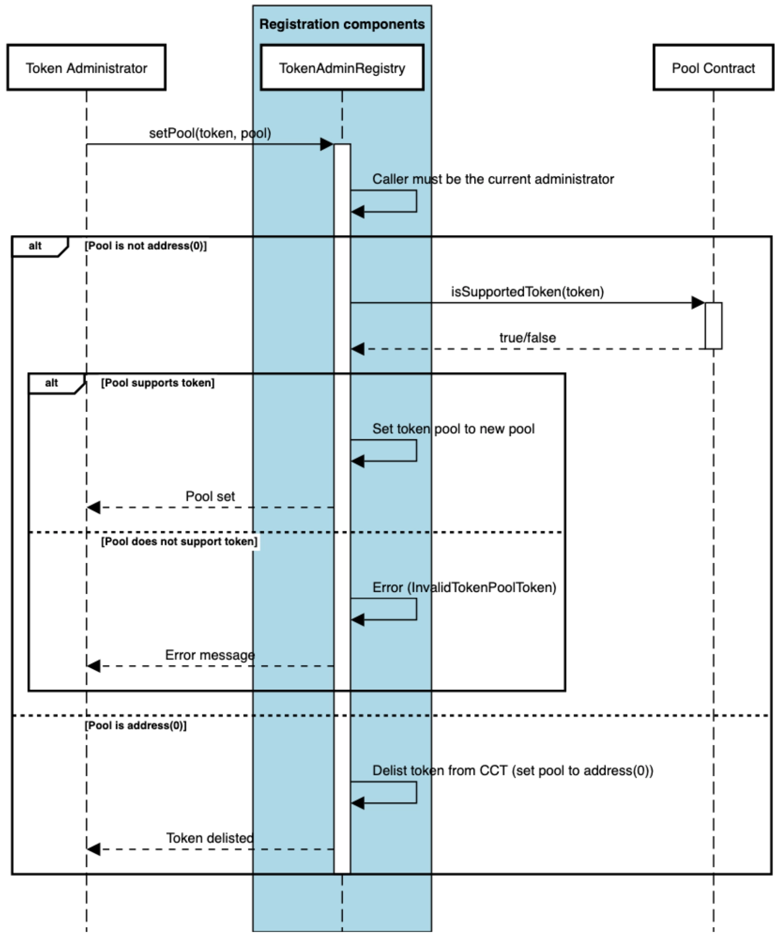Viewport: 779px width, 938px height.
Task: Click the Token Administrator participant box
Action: coord(87,68)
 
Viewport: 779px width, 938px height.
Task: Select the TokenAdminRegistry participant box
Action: coord(342,68)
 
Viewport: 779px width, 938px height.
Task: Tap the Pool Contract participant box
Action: coord(713,68)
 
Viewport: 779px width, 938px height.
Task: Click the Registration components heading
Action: coord(342,24)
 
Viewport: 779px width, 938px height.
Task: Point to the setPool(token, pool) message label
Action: coord(210,133)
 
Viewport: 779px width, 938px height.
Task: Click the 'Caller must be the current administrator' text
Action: coord(493,179)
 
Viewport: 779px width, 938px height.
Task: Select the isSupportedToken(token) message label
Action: coord(527,292)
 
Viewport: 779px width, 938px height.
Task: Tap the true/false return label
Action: coord(528,338)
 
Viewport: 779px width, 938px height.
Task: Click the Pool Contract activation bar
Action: coord(714,326)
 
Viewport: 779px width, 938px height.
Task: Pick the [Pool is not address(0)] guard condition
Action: coord(146,246)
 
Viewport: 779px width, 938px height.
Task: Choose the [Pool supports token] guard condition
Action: coord(158,383)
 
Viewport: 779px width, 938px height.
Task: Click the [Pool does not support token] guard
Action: coord(179,542)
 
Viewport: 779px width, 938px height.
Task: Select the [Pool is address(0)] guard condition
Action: coord(136,726)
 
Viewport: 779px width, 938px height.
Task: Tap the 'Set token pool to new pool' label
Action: coord(453,429)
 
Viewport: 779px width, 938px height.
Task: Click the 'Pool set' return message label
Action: coord(210,497)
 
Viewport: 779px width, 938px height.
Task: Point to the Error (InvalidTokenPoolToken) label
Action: coord(464,588)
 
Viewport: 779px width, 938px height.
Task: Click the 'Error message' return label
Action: coord(210,655)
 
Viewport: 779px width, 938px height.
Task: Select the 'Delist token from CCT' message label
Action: coord(512,771)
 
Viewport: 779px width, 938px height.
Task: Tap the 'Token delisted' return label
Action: coord(210,839)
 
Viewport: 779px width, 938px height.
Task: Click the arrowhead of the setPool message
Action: coord(327,144)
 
